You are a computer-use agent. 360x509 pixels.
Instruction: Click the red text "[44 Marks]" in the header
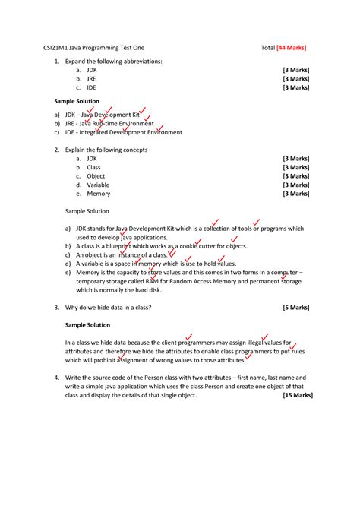coord(292,47)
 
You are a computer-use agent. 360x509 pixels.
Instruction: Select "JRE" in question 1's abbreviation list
coord(92,78)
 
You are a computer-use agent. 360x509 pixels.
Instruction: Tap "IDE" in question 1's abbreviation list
coord(91,87)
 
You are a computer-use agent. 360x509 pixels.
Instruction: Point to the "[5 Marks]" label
coord(297,307)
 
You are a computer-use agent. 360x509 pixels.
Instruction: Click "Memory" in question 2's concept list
coord(99,194)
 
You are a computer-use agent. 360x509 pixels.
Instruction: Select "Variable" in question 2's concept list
coord(98,185)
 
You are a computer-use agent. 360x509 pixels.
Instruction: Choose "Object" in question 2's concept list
coord(96,176)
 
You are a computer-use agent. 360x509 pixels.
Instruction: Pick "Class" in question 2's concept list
coord(93,167)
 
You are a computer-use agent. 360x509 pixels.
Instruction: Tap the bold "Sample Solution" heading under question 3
coord(87,324)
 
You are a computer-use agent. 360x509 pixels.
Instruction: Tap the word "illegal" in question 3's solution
coord(259,343)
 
